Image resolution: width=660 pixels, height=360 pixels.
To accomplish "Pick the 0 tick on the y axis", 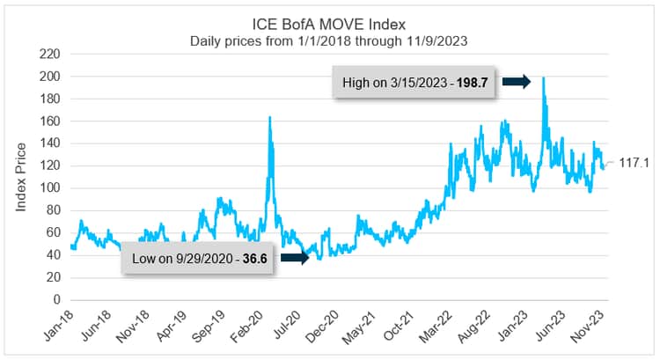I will (53, 300).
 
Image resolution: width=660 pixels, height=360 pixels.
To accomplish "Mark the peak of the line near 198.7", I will (543, 77).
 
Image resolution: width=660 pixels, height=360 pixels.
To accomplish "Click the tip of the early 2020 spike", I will (268, 117).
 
